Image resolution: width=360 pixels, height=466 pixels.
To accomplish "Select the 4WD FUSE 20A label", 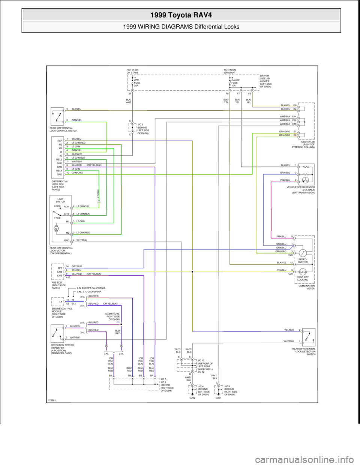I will tap(137, 83).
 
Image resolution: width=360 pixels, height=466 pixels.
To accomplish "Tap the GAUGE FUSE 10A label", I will tap(235, 83).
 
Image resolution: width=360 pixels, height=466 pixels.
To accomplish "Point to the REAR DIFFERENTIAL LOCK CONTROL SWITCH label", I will tap(63, 129).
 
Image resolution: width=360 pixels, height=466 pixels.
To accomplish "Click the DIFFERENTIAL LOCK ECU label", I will tap(60, 185).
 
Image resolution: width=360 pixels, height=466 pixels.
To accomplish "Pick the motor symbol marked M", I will tap(56, 228).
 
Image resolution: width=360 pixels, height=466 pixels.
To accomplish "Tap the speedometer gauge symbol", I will tap(302, 252).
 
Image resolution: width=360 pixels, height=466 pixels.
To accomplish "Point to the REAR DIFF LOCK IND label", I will tap(303, 278).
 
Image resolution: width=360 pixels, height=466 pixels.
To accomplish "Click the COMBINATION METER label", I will tap(306, 287).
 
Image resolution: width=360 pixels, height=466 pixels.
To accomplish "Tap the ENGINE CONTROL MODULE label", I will tap(61, 311).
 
